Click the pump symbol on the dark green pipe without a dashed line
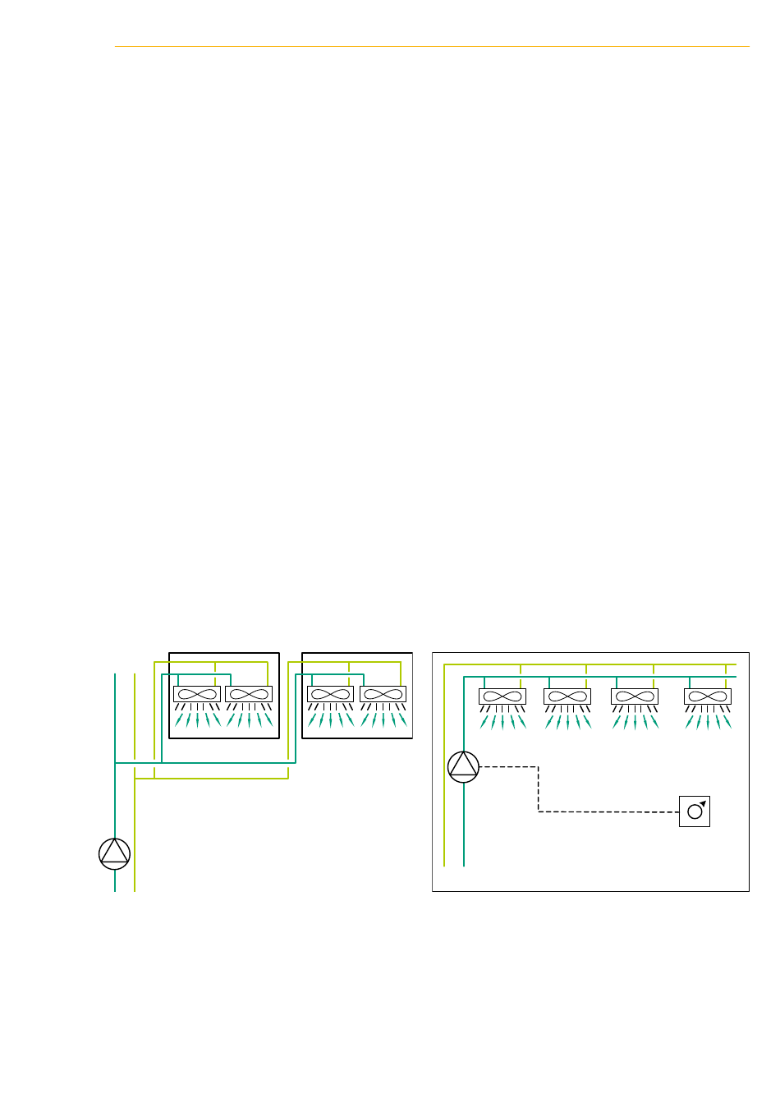pos(114,853)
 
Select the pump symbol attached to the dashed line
pos(464,766)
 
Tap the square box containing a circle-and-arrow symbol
pos(695,811)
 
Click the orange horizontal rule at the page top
pos(432,47)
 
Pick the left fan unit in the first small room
pos(197,694)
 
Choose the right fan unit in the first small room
pos(249,694)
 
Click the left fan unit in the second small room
pos(331,694)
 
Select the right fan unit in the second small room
pos(383,694)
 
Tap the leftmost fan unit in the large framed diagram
pos(502,697)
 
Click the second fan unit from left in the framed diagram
pos(567,697)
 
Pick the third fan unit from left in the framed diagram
pos(635,697)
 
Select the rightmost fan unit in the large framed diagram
pos(708,697)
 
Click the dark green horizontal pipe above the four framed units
pos(599,677)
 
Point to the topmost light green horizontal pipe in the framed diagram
pos(591,664)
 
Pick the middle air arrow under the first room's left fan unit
pos(197,719)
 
